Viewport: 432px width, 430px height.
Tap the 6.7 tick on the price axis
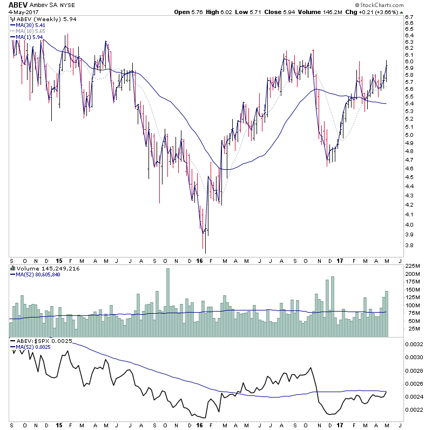click(409, 17)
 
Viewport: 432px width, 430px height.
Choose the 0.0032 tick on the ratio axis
click(415, 344)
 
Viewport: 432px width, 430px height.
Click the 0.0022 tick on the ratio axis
click(415, 409)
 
